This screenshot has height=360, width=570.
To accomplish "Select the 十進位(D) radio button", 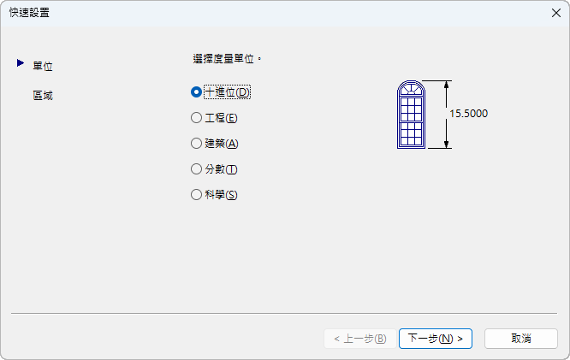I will tap(197, 91).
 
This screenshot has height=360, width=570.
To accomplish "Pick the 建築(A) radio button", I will tap(197, 143).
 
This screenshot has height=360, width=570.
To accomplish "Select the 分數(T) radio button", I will tap(197, 168).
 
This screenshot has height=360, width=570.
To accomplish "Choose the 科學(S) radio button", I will tap(197, 194).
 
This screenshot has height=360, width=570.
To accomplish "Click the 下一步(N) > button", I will tap(436, 339).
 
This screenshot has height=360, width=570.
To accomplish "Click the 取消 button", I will tap(521, 339).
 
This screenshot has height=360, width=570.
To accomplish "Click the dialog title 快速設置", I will tap(29, 12).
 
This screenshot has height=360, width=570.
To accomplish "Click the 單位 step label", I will tap(43, 66).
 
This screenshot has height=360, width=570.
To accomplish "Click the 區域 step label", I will tap(43, 95).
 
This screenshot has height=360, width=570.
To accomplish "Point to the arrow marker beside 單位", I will tap(21, 62).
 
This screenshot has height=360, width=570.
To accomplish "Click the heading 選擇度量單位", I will tap(226, 60).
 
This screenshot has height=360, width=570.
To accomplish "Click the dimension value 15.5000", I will tap(468, 113).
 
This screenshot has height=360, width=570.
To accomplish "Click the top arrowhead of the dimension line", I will tap(445, 85).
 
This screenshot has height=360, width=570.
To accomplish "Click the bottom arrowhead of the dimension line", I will tap(445, 145).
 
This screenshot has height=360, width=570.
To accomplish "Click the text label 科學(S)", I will tap(221, 194).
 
